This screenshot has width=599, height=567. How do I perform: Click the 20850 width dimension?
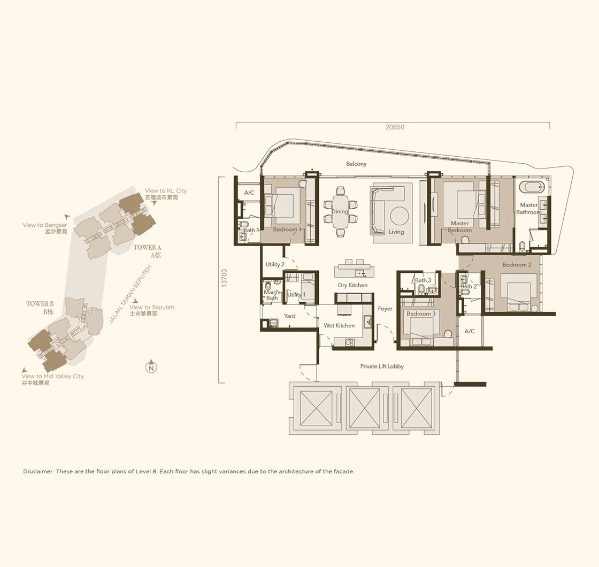pos(395,127)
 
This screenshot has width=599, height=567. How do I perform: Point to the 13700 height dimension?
pos(224,278)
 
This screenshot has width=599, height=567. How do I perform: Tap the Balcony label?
pos(356,164)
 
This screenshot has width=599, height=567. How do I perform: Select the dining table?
pos(340,211)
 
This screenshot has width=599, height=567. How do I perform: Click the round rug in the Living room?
pos(400,216)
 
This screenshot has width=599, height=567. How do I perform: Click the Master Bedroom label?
pos(459,227)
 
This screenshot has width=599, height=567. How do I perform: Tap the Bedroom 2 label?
pos(517,265)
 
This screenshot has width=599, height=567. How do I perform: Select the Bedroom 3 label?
pos(420,313)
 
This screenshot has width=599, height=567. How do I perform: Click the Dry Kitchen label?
pos(352,286)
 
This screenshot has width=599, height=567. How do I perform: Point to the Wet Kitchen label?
pos(339,326)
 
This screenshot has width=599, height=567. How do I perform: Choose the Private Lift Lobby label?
pos(382,366)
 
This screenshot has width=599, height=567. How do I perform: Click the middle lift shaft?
pos(365,408)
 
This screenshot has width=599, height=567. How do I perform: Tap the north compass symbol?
pos(152,367)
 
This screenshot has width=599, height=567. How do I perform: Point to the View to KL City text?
pos(165,190)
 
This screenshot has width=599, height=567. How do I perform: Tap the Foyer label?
pos(385,309)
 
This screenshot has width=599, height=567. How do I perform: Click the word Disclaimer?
pos(37,471)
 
